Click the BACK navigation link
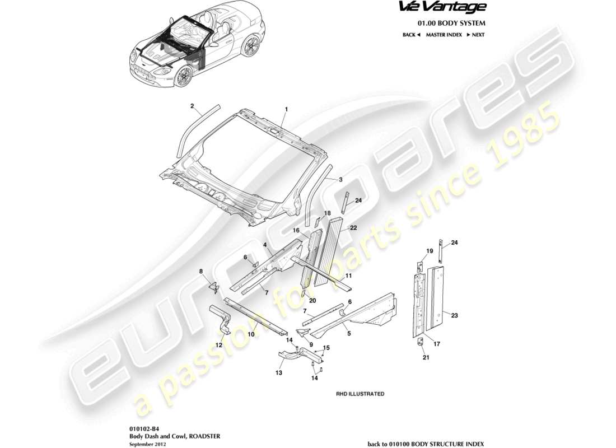click(411, 35)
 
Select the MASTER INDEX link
click(444, 35)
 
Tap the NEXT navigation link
click(475, 35)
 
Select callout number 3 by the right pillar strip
click(339, 180)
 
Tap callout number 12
click(219, 345)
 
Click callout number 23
click(455, 316)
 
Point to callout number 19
click(430, 251)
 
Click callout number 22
click(353, 227)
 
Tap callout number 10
click(251, 334)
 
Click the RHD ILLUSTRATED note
click(360, 394)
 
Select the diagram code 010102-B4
click(142, 426)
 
